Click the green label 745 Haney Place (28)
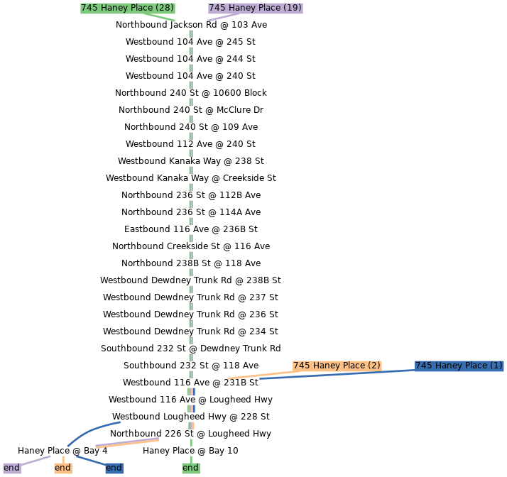coord(128,8)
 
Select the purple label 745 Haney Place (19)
coord(255,8)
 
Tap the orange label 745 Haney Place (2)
coord(337,366)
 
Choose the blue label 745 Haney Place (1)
coord(459,366)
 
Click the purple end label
coord(11,468)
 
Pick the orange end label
coord(62,468)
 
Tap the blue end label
coord(114,468)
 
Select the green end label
coord(190,468)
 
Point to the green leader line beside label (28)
coord(166,18)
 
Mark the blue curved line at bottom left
coord(92,430)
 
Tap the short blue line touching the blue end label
coord(90,460)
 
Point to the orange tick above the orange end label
coord(63,459)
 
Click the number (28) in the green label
coord(165,8)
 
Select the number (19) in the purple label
coord(292,8)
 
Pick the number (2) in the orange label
coord(374,366)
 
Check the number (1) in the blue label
coord(496,366)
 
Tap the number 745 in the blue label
coord(424,366)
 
